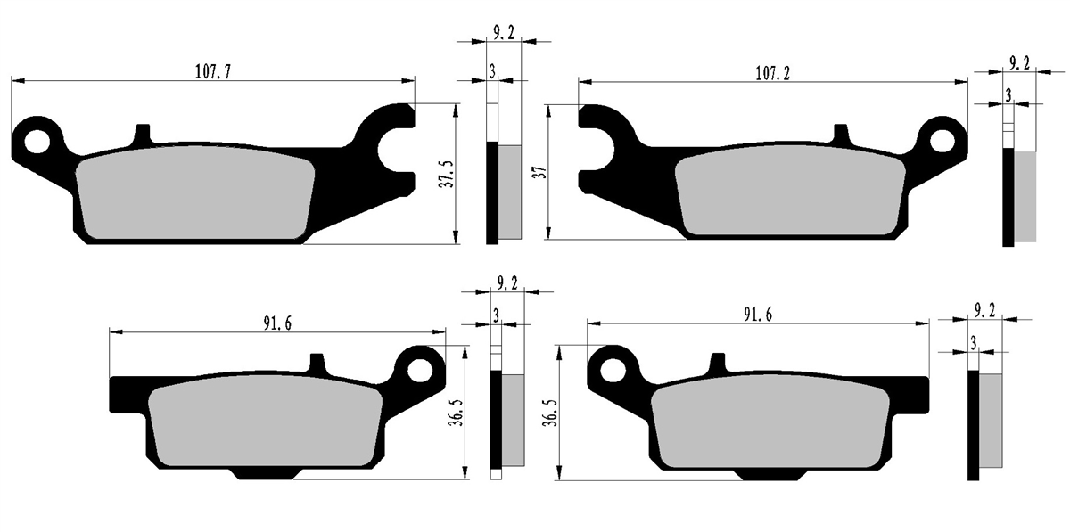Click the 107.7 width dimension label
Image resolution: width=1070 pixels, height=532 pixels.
[x=213, y=71]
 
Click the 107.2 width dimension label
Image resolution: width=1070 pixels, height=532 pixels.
[x=772, y=73]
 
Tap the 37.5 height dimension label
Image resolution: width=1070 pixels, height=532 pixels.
[x=448, y=174]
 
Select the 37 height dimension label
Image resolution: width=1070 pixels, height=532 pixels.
[x=540, y=172]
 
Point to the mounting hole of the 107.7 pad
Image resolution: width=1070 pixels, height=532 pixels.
[x=37, y=142]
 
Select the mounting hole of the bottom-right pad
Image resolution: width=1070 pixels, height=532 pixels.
[x=613, y=371]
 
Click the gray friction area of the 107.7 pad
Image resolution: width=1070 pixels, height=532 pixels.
[x=195, y=192]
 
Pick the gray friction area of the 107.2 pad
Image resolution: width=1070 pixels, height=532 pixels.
[x=790, y=195]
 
